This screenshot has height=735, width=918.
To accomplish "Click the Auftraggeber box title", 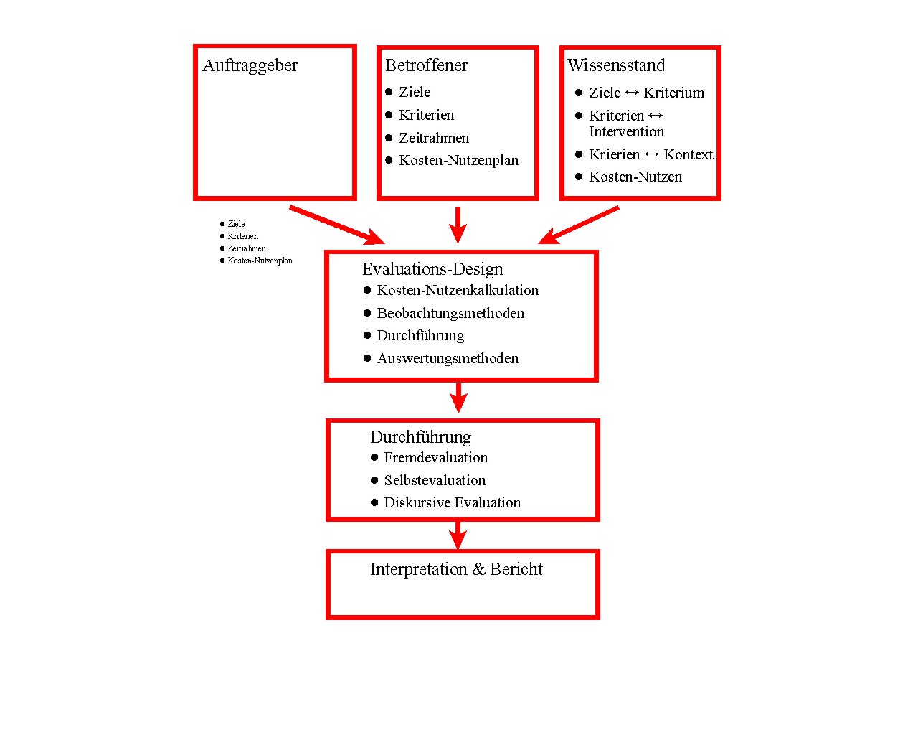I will click(250, 65).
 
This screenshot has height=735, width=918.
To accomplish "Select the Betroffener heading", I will click(426, 65).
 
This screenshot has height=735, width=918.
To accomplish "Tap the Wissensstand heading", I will click(616, 65).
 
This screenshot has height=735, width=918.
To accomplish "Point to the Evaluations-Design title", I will click(432, 269).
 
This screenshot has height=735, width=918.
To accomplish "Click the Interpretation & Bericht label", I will click(456, 569).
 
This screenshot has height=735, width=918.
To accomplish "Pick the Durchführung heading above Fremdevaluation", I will click(420, 437).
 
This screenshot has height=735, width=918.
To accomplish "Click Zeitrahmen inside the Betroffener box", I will click(434, 138).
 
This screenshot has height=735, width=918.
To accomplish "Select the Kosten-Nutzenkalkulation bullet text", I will click(458, 290).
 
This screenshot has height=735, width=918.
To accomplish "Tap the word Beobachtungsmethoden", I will click(450, 313).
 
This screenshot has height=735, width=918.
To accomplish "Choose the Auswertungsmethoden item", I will click(448, 358).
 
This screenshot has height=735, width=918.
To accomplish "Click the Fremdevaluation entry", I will click(435, 457).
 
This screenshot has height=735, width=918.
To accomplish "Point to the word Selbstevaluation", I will click(435, 480).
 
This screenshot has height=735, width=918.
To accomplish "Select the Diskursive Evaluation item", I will click(452, 502).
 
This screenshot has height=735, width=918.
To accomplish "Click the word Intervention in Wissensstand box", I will click(626, 131).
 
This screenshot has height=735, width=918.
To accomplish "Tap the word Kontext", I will click(688, 154).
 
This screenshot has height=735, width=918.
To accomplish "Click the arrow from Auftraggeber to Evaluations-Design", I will click(337, 225).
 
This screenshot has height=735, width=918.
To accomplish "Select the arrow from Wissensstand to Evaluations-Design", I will click(579, 225).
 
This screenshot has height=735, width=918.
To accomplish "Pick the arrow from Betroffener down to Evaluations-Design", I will click(458, 225).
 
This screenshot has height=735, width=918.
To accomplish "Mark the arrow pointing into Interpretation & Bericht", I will click(458, 535).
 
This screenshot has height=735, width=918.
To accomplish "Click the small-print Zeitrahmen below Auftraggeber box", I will click(247, 248).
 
